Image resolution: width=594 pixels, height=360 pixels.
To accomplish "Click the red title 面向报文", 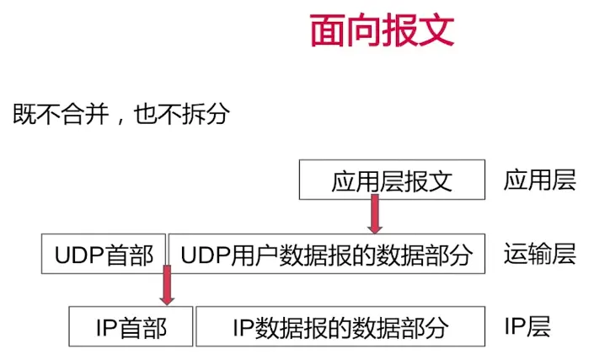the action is click(x=382, y=31).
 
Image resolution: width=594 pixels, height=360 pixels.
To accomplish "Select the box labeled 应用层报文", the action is click(x=393, y=180).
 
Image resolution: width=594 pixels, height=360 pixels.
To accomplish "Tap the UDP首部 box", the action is click(x=104, y=254).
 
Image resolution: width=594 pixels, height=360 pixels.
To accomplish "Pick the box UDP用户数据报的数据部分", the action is click(x=327, y=254).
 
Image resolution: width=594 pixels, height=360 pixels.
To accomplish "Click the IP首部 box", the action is click(x=131, y=326).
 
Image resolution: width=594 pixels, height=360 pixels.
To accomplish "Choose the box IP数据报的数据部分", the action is click(x=340, y=326).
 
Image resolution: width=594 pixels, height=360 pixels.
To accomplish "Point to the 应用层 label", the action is click(x=540, y=180).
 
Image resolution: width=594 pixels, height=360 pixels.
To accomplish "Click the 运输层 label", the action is click(x=540, y=254).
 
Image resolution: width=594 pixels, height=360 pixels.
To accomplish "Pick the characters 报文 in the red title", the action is click(x=418, y=31).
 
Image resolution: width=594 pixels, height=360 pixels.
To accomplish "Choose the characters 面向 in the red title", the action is click(x=345, y=31).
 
